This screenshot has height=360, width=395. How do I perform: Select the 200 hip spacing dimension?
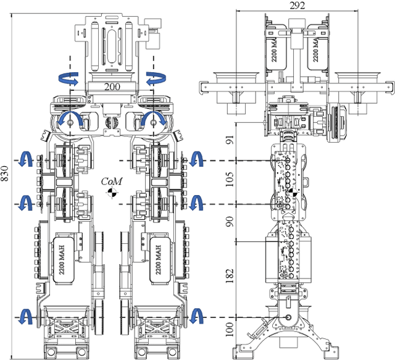(111, 86)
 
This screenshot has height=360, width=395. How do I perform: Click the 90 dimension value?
(229, 222)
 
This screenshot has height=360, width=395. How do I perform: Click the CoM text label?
(112, 182)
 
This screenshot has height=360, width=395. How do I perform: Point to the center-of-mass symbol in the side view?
(294, 193)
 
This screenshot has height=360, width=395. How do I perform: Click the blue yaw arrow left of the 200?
(68, 79)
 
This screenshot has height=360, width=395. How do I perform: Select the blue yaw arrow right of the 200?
(154, 79)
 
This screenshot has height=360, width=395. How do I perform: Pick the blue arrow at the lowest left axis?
(25, 316)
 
